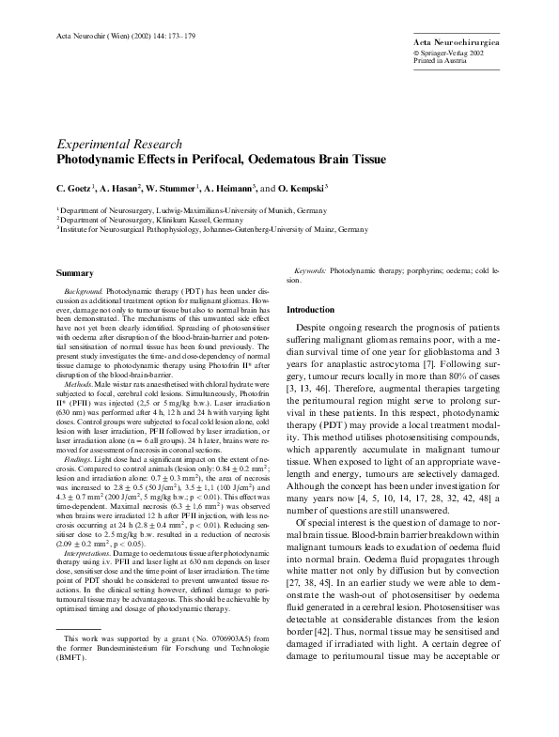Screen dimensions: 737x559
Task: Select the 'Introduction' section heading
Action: tap(309, 309)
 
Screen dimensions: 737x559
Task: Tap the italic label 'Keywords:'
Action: tap(310, 269)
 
